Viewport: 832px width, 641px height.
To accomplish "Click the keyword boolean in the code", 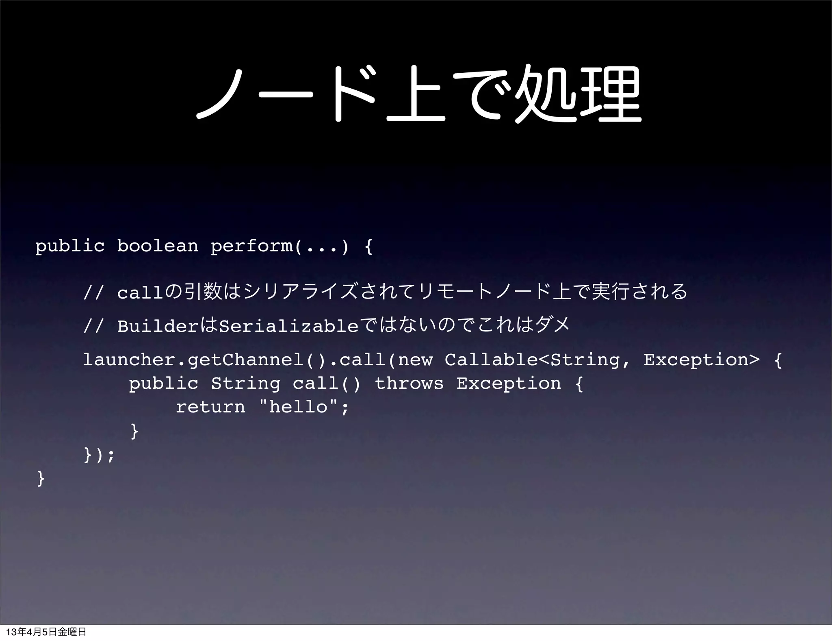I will tap(158, 246).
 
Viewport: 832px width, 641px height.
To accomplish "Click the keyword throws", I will tap(409, 384).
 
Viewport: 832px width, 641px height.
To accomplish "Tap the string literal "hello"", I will tap(299, 407).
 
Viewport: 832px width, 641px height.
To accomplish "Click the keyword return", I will tap(210, 407).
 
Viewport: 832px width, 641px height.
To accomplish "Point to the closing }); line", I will tap(99, 455).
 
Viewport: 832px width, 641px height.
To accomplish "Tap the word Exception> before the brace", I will tap(701, 360).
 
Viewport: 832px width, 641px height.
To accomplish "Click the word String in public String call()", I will tap(245, 384).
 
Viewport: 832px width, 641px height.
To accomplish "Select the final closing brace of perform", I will tap(41, 478).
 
